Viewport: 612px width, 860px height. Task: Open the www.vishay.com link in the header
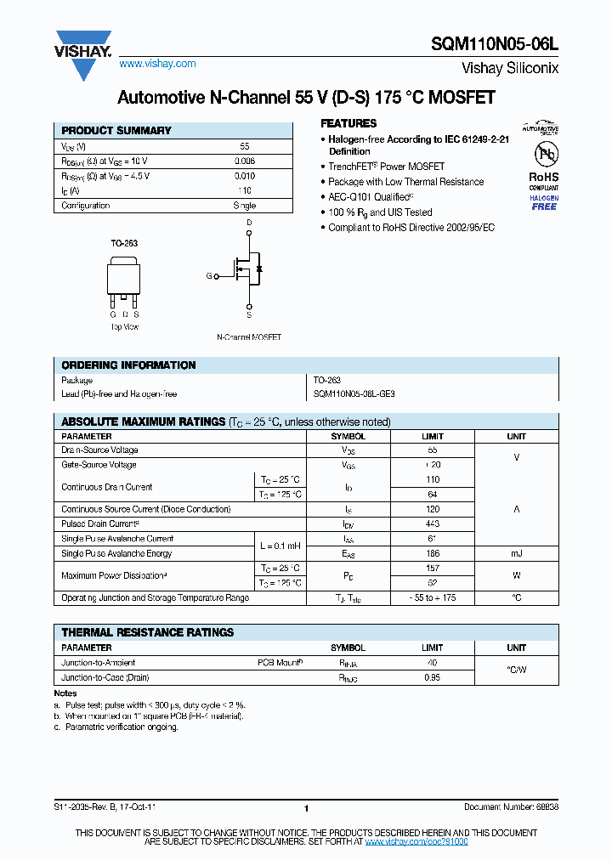157,64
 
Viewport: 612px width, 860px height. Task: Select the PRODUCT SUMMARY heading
116,131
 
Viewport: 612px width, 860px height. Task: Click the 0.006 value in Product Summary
244,161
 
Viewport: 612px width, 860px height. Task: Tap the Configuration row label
86,206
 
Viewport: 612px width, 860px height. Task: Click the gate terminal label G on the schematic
209,276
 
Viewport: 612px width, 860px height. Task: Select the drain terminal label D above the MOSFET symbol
249,223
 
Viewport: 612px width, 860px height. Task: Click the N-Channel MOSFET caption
249,337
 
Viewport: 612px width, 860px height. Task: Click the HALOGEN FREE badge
544,202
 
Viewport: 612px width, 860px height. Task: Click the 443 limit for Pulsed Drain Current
432,524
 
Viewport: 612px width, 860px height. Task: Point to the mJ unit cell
516,553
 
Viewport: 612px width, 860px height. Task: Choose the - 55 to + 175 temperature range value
432,598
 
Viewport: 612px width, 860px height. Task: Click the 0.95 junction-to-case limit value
432,677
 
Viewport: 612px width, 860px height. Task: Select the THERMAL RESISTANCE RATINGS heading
147,632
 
